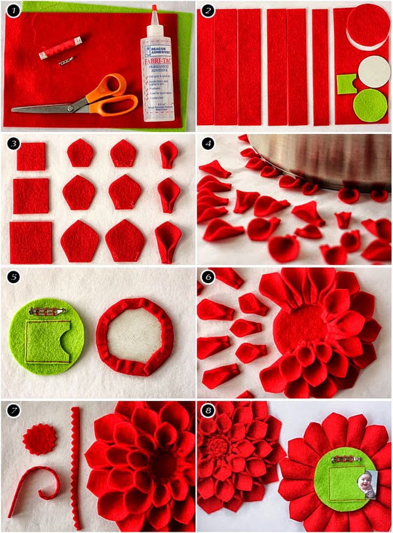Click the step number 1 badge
(13, 12)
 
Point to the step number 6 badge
(208, 277)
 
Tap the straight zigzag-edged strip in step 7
(77, 467)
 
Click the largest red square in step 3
(31, 242)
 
